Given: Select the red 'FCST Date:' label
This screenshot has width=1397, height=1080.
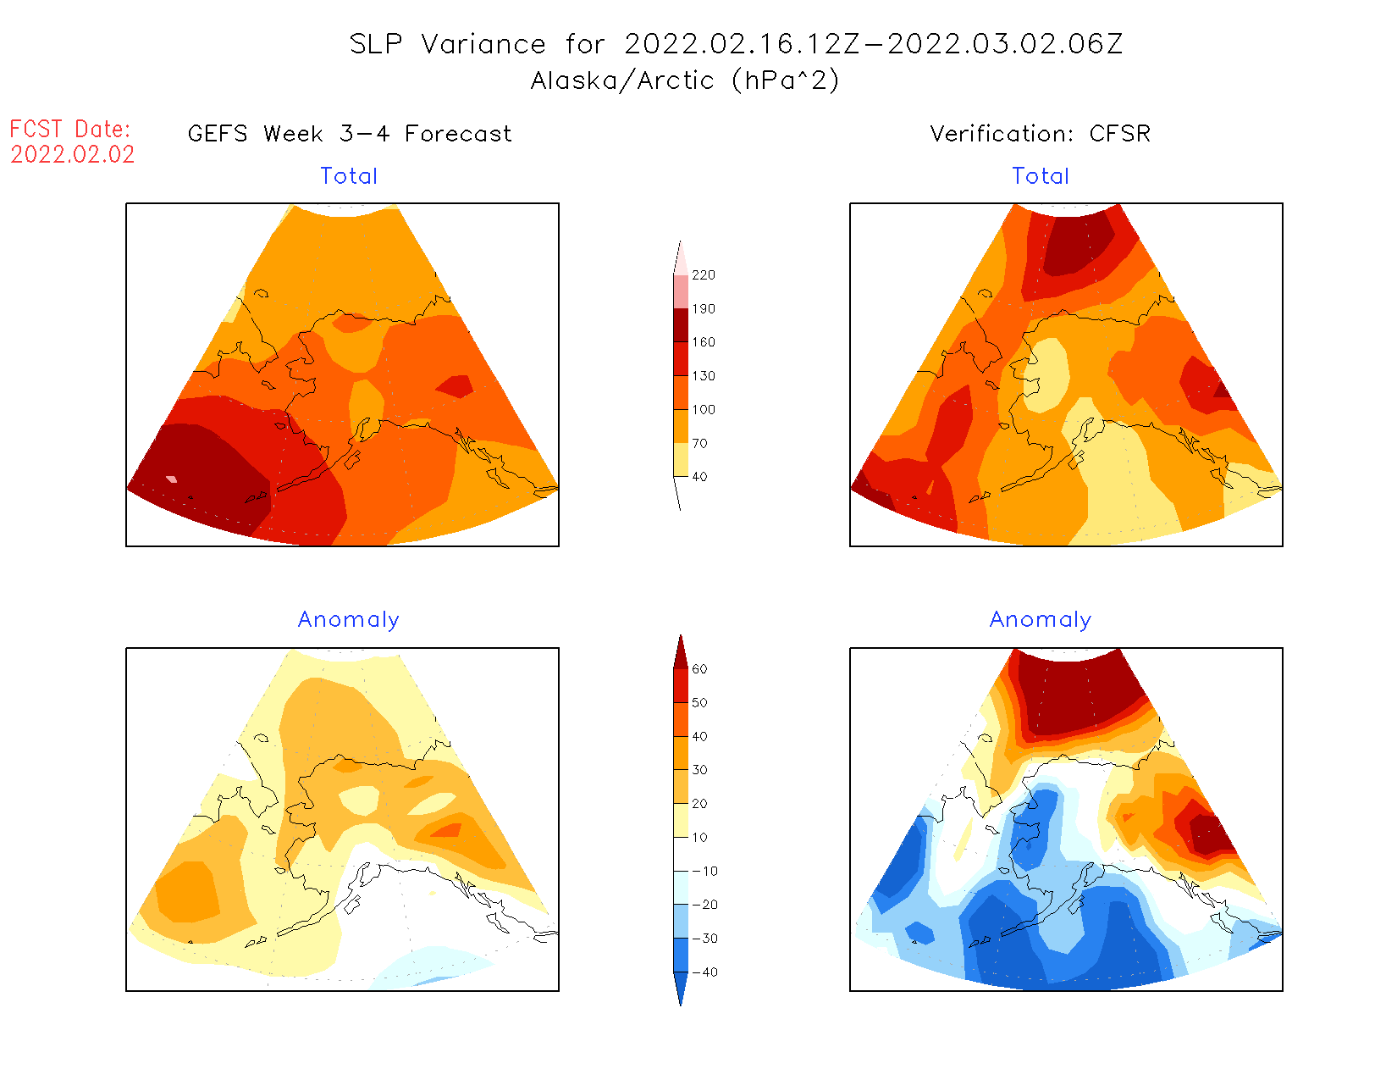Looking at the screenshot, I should [70, 129].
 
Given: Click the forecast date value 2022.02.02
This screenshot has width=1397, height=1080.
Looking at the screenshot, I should [73, 154].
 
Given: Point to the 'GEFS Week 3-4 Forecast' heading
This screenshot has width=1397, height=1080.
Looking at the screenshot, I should [350, 134].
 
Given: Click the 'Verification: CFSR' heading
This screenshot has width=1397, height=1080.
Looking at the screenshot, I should [1040, 134].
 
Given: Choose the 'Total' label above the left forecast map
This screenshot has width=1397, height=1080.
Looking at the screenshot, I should [349, 176].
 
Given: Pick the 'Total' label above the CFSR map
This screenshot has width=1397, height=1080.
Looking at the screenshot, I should [1041, 176].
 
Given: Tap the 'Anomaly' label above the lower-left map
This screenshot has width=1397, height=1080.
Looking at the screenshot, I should [348, 619].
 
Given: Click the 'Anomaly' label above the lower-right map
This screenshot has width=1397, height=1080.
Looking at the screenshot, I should [1041, 619].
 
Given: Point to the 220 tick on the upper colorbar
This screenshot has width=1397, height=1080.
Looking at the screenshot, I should [703, 275].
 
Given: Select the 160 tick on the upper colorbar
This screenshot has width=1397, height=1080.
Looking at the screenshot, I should [703, 342].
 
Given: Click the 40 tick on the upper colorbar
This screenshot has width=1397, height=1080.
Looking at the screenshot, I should [699, 477].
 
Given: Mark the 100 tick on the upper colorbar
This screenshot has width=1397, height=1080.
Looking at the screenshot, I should [703, 409].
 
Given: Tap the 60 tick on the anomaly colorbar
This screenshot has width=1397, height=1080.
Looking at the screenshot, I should [699, 669].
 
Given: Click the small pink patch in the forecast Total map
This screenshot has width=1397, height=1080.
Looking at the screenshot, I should [172, 479].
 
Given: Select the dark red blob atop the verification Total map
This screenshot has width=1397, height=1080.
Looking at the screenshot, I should [1077, 243].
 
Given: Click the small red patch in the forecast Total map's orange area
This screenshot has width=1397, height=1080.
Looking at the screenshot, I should [456, 386].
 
